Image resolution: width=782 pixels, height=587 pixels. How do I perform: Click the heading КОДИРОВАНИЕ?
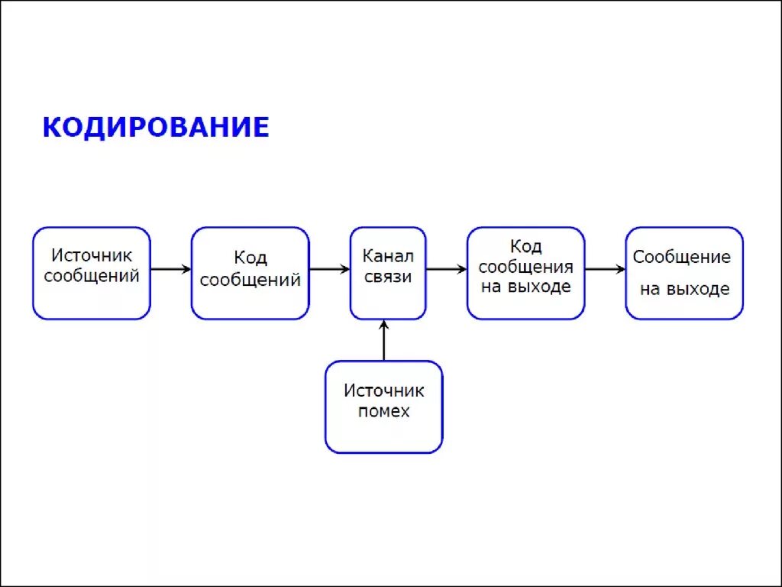[156, 127]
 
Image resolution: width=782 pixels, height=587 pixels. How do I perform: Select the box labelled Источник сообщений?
[92, 273]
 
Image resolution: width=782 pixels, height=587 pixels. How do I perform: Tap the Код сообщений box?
[250, 273]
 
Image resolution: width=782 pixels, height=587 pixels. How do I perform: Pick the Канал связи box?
[388, 273]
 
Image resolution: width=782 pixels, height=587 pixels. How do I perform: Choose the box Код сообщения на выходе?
[525, 273]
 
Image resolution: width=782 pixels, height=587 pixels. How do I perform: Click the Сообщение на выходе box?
[683, 273]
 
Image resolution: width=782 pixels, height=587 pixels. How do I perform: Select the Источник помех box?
[383, 407]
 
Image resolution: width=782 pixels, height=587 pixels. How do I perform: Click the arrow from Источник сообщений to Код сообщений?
[170, 269]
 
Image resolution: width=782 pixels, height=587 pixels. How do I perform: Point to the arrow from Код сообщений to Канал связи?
[329, 269]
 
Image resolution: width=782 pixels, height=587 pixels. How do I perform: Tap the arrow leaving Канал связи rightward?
[446, 269]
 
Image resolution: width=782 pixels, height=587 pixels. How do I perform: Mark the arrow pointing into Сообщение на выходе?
[605, 269]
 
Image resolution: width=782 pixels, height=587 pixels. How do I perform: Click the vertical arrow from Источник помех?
[383, 340]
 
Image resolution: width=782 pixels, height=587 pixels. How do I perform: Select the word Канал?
[388, 255]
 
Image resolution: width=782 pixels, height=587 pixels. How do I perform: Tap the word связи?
[388, 276]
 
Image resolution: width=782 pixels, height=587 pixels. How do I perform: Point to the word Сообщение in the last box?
[682, 257]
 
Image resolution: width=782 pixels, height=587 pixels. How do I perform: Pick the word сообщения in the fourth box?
[525, 268]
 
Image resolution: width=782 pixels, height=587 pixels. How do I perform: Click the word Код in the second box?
[250, 258]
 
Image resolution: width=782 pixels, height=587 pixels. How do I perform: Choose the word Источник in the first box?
[92, 255]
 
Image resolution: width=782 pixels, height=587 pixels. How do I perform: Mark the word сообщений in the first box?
[92, 276]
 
